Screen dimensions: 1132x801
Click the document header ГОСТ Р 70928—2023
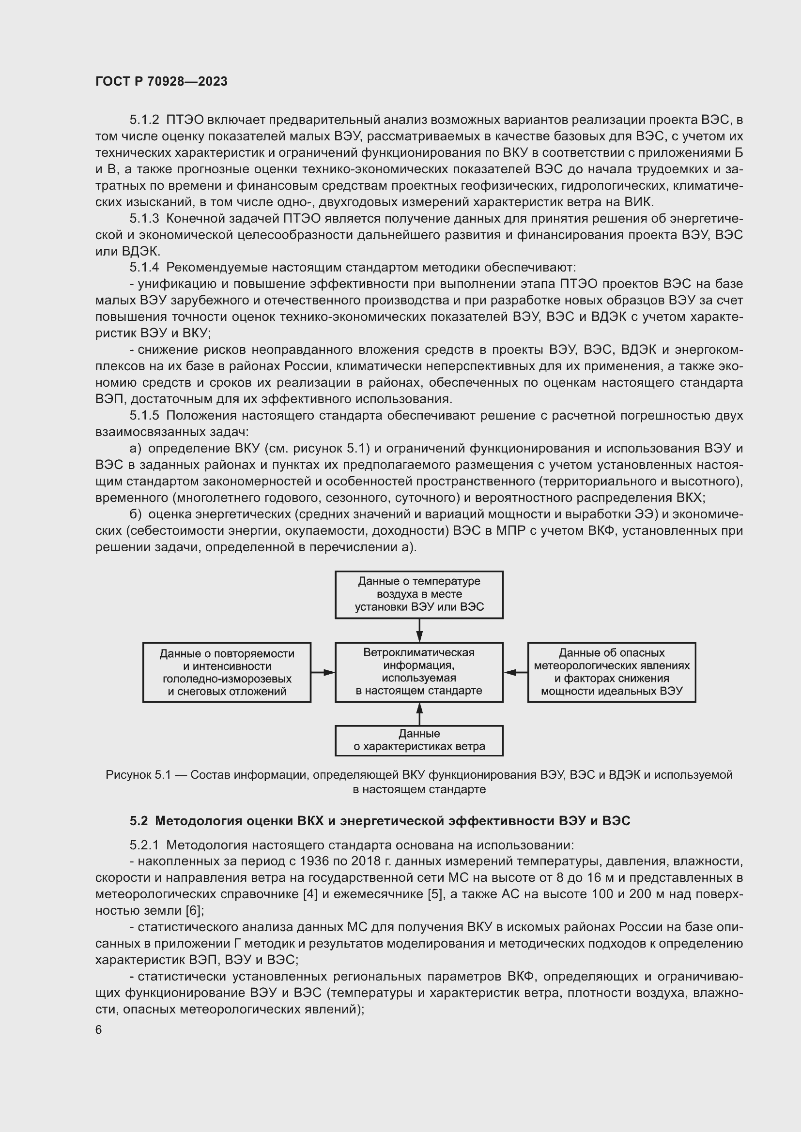(161, 81)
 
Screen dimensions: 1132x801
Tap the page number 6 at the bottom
(99, 1029)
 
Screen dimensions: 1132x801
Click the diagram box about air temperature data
(419, 594)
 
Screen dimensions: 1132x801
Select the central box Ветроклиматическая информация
(419, 672)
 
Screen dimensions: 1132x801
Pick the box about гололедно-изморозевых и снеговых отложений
(226, 672)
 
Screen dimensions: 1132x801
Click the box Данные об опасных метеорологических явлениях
(611, 672)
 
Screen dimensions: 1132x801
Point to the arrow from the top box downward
(419, 630)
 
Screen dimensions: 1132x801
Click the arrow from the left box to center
(323, 672)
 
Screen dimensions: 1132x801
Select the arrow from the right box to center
(515, 672)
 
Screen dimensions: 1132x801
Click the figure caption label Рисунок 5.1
(138, 774)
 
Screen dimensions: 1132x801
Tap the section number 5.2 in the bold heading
(139, 821)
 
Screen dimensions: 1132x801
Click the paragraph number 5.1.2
(144, 120)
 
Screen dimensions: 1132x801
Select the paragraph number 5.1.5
(144, 415)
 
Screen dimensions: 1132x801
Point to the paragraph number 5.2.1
(144, 845)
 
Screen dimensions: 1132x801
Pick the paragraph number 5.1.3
(144, 218)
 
